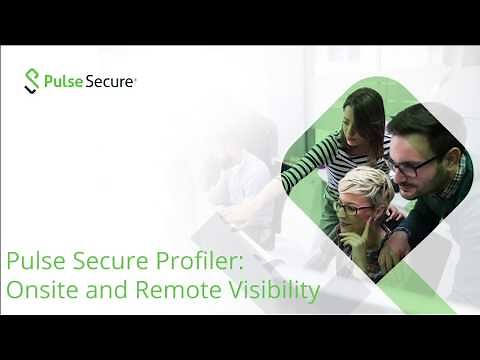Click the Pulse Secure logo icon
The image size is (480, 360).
(33, 81)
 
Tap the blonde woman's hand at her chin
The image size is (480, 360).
(370, 230)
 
